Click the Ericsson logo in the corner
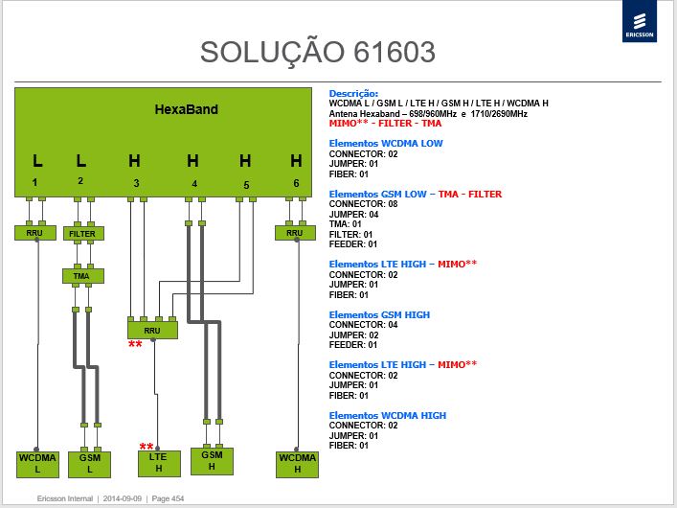640,21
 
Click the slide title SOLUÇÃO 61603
317,52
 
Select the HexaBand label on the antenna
186,109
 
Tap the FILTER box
83,234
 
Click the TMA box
83,276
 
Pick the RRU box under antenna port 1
35,233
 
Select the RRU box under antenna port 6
295,233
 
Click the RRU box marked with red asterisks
152,331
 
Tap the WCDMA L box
37,464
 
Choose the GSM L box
89,464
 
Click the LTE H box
159,464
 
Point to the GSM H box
212,461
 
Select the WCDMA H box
297,464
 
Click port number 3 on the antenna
136,183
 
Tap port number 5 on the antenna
246,185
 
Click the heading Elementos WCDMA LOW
386,144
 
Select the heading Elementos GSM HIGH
379,314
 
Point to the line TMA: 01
345,224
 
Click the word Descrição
353,93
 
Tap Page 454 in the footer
168,498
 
